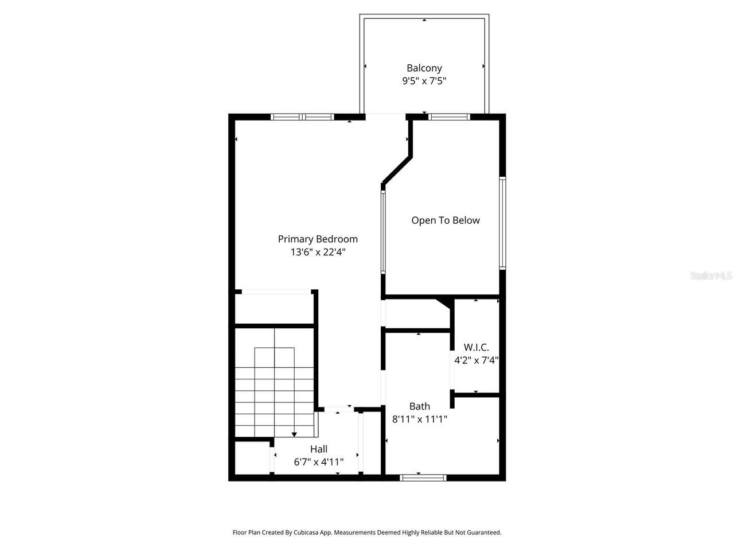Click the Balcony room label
424,68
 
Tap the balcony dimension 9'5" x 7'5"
424,81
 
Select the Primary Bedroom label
318,239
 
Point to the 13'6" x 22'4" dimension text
318,252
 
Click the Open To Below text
446,220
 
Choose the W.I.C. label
476,347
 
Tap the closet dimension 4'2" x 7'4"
476,360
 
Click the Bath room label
419,406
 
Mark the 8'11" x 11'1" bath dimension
419,419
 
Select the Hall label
319,449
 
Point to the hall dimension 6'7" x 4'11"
319,461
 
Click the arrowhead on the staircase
295,434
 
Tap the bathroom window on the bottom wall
423,477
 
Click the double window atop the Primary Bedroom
302,117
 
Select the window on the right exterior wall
502,223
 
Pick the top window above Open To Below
450,117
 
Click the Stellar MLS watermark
711,276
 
